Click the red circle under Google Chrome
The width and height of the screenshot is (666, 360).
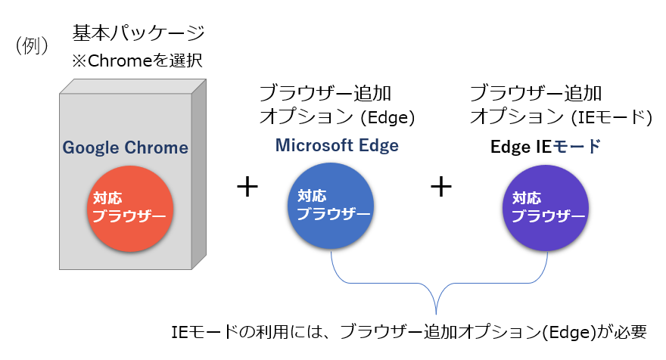(x=130, y=209)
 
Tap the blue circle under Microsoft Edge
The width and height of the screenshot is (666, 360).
(x=331, y=206)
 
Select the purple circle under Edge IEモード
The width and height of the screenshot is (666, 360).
(x=546, y=208)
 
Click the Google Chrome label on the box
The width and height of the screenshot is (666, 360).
(x=126, y=147)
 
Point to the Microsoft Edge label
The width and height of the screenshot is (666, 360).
(x=337, y=146)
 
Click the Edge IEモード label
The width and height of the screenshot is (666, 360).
(x=546, y=147)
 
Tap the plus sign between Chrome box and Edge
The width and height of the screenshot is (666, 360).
(x=247, y=187)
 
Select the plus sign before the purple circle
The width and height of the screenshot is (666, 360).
(x=441, y=187)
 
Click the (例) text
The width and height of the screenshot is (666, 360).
(x=32, y=45)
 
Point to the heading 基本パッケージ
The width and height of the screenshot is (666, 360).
(x=138, y=33)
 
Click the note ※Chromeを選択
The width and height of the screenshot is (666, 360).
(x=137, y=61)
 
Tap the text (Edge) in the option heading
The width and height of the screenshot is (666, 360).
(x=387, y=117)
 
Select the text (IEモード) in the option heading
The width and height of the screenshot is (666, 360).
(x=612, y=117)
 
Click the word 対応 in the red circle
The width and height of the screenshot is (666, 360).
(x=107, y=198)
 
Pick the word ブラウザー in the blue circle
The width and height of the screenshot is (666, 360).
(x=334, y=213)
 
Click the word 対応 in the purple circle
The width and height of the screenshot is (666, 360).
(x=527, y=198)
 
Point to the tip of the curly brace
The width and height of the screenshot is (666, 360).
(x=436, y=314)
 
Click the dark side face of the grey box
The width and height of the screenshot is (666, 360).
(x=199, y=174)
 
